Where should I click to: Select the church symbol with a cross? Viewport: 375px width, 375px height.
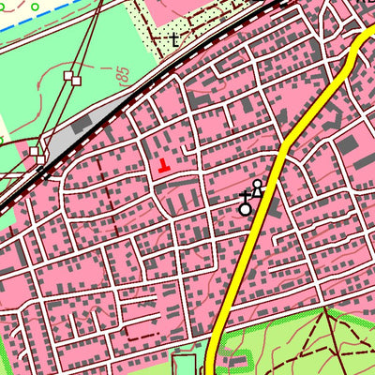pos(246,200)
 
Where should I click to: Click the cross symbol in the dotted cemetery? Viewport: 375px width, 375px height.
pos(173,39)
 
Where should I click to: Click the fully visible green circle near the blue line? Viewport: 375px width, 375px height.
pos(35,7)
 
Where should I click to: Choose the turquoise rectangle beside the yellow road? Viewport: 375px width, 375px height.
pos(185,364)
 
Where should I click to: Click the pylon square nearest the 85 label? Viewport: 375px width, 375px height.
pos(68,78)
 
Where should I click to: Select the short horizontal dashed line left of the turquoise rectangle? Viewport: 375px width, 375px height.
pos(141,333)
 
